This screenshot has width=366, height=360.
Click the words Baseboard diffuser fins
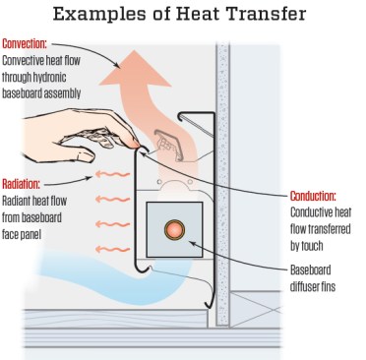(312, 276)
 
